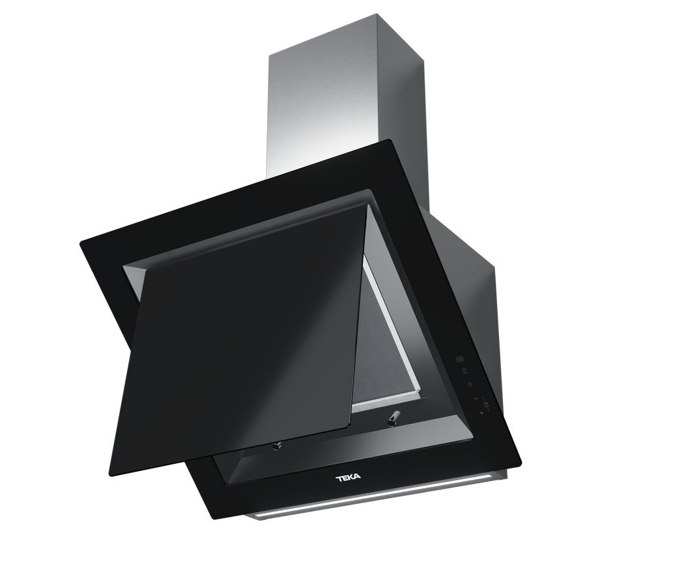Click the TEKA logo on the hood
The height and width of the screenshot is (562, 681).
coord(348,478)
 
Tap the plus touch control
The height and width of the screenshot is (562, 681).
coord(482,413)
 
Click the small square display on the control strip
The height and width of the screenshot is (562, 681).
coord(460,359)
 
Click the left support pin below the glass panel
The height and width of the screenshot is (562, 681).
coord(276,446)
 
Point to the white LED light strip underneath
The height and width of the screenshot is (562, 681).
coord(373,498)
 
